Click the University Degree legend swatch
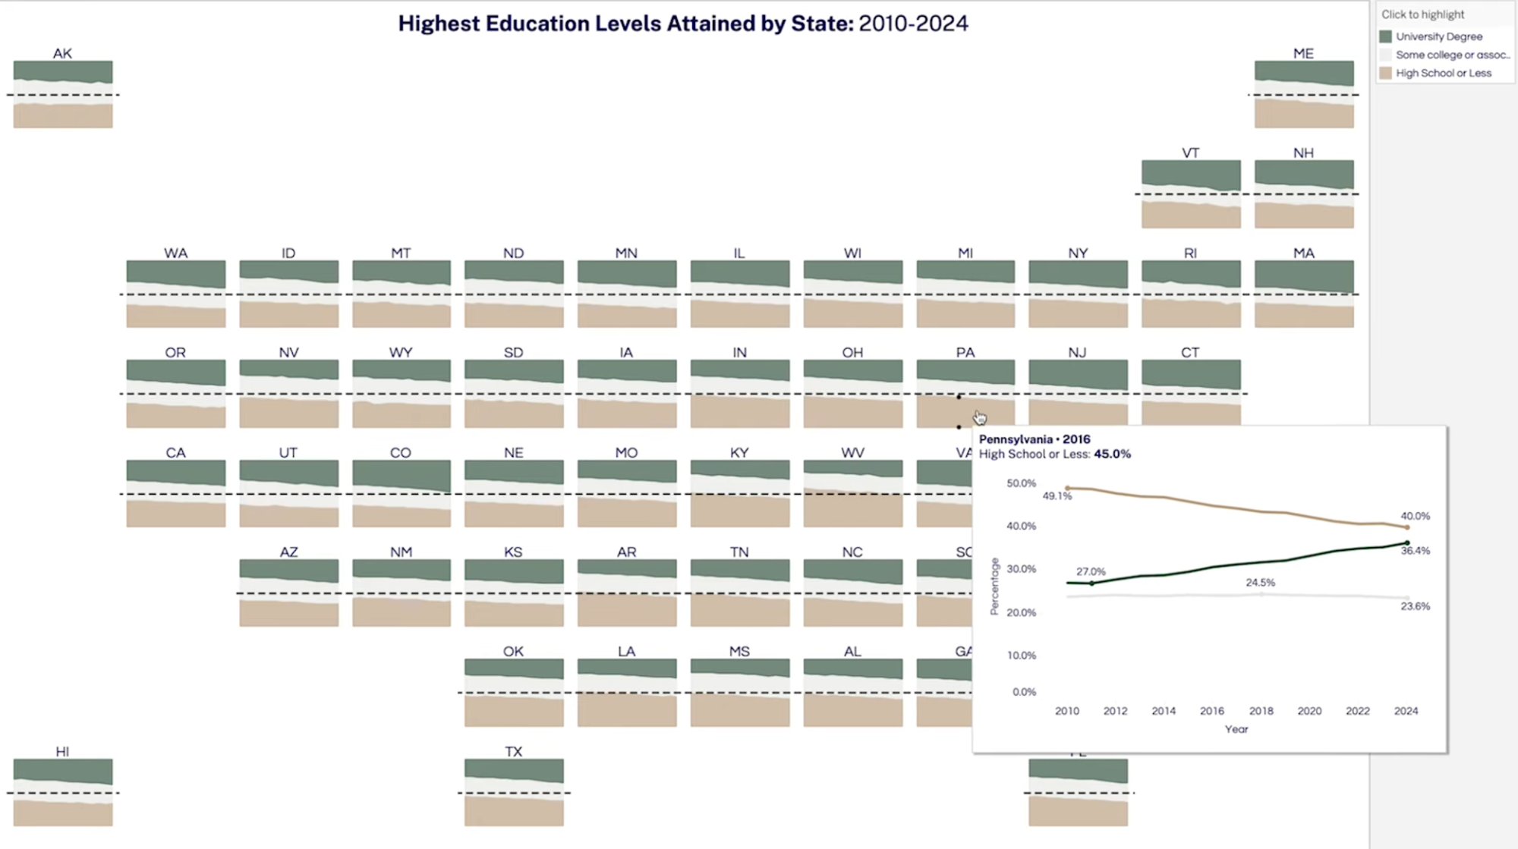pyautogui.click(x=1385, y=36)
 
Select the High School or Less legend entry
pyautogui.click(x=1443, y=73)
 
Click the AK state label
pyautogui.click(x=62, y=53)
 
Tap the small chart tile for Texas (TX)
pyautogui.click(x=514, y=791)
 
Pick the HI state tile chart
pyautogui.click(x=63, y=791)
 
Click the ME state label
pyautogui.click(x=1303, y=53)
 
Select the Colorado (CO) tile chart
pyautogui.click(x=401, y=493)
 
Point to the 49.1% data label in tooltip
pyautogui.click(x=1057, y=496)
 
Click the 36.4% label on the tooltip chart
pyautogui.click(x=1415, y=551)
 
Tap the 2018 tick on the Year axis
pyautogui.click(x=1261, y=711)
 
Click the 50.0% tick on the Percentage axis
pyautogui.click(x=1021, y=483)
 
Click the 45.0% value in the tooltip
pyautogui.click(x=1112, y=454)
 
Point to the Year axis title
pyautogui.click(x=1236, y=729)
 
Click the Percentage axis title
pyautogui.click(x=994, y=586)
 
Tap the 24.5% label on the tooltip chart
pyautogui.click(x=1260, y=583)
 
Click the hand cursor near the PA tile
pyautogui.click(x=980, y=418)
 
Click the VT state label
pyautogui.click(x=1190, y=153)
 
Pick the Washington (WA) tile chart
pyautogui.click(x=175, y=294)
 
